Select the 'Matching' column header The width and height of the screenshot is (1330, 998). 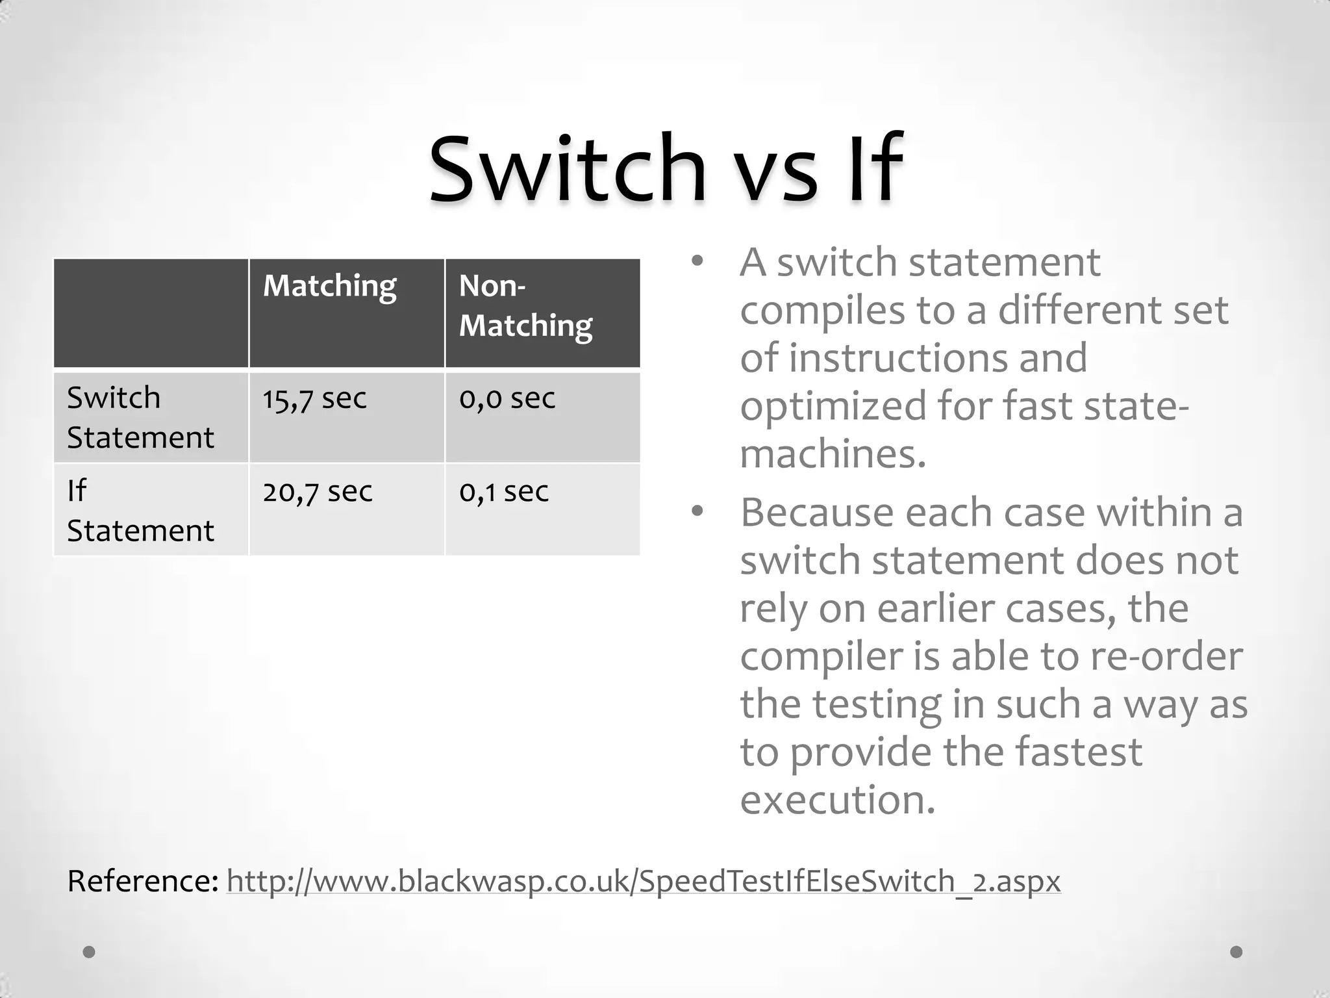tap(329, 287)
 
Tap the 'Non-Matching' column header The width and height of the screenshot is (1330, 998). tap(525, 305)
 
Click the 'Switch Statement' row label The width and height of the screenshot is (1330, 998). tap(140, 417)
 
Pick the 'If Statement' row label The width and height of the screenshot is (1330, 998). tap(140, 511)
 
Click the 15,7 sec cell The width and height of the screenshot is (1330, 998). tap(314, 398)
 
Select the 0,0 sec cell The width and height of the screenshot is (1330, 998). tap(507, 398)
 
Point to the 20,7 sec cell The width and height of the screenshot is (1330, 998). tap(318, 492)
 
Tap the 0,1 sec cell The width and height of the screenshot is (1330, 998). tap(504, 492)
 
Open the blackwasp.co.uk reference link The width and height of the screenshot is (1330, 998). tap(643, 882)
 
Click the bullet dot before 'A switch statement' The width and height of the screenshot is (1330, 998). tap(697, 262)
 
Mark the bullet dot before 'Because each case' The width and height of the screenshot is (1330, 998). tap(697, 512)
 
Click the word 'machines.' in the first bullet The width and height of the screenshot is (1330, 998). tap(833, 454)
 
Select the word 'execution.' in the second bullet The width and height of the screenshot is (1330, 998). tap(838, 800)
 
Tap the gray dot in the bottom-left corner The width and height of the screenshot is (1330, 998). tap(89, 952)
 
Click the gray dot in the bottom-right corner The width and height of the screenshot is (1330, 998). tap(1236, 952)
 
